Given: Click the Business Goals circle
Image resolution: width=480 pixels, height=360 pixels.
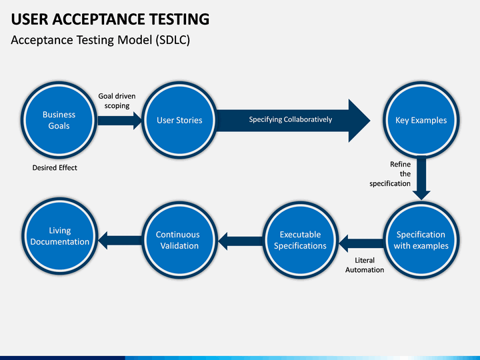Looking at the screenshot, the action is pos(59,120).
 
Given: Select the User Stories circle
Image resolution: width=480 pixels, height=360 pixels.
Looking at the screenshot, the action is pos(180,120).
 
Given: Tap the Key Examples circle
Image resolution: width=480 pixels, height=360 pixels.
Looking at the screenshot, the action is pos(421,120).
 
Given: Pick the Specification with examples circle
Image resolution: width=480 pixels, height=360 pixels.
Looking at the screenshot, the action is pos(421,240).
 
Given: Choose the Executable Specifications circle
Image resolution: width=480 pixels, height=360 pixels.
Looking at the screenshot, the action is pos(300,240).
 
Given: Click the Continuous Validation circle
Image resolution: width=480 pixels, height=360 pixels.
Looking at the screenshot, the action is pos(180,240).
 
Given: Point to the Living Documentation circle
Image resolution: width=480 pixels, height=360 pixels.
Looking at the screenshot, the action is pos(60,236).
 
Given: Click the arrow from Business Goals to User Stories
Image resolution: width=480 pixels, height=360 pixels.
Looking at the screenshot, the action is pos(120,120).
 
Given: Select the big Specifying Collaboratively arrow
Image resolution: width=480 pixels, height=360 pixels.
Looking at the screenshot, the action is pos(293,121).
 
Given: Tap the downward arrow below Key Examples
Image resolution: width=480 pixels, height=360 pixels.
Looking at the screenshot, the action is pos(421,177).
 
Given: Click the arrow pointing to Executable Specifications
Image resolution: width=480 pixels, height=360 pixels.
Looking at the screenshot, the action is pos(361,243).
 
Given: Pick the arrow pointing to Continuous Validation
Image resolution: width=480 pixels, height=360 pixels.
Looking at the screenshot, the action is pos(240,241).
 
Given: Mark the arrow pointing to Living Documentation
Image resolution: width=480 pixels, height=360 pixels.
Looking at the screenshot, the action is pos(120,240).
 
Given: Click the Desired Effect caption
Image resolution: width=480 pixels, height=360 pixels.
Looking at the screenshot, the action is pos(55,168).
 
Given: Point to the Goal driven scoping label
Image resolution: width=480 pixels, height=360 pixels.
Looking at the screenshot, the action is pos(117,101).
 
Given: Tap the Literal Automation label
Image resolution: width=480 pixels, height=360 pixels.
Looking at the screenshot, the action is pos(365,265).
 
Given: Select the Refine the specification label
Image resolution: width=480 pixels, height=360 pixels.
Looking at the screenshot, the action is pos(390,174).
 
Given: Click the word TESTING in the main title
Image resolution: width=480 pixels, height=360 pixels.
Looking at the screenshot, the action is pos(179,19).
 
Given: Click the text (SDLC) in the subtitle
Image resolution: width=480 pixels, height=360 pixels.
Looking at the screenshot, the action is pos(173,40).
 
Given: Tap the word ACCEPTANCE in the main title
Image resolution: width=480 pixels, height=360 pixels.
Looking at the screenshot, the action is pos(99,19).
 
